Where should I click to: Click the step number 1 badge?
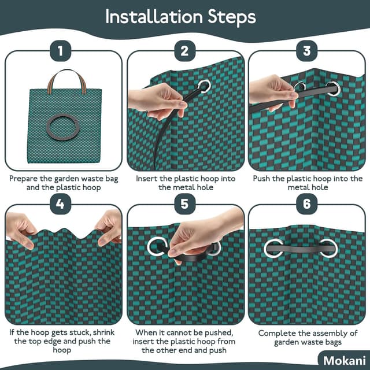click(x=61, y=51)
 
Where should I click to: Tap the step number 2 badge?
click(x=185, y=51)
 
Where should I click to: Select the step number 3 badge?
click(x=307, y=51)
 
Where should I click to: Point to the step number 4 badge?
click(x=61, y=204)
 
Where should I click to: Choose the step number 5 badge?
click(x=185, y=204)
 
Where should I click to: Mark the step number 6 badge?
click(x=307, y=204)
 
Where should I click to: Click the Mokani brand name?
click(x=345, y=361)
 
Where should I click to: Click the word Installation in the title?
click(x=154, y=17)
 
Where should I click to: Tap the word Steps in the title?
click(x=232, y=17)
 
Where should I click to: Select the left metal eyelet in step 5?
click(x=149, y=247)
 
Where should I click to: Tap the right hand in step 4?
click(x=109, y=227)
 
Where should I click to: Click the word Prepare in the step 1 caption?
click(x=24, y=179)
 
